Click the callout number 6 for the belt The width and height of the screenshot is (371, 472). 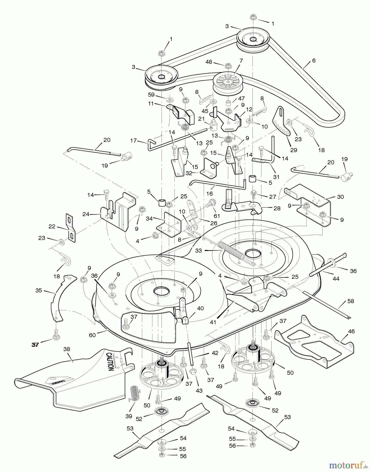(x=314, y=61)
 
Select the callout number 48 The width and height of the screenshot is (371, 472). (x=209, y=62)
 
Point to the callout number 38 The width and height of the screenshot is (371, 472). (x=67, y=349)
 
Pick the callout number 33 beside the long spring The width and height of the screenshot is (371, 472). (x=198, y=251)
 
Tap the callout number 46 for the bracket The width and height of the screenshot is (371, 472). (x=351, y=331)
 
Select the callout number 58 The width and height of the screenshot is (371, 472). (x=351, y=301)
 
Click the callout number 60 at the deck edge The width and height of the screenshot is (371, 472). (x=92, y=335)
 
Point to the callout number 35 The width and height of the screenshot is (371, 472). (x=39, y=290)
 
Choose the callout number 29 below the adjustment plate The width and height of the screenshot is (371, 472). (x=294, y=150)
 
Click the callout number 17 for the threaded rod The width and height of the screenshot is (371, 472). (x=134, y=141)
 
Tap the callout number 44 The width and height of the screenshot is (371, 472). (x=336, y=279)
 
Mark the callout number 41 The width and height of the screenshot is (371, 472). (x=213, y=322)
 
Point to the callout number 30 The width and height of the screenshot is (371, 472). (x=340, y=197)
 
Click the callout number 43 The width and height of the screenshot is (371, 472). (x=199, y=390)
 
